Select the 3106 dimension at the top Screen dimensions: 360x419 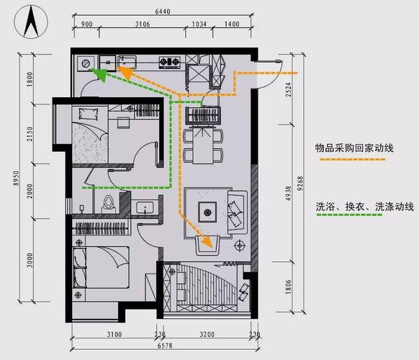pos(141,24)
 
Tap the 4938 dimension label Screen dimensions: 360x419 pos(289,190)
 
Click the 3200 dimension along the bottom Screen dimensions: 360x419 pos(207,335)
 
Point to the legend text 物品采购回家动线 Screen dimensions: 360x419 pos(354,148)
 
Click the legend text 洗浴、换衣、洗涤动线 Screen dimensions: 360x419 pos(364,207)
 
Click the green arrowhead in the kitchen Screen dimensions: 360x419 pos(101,73)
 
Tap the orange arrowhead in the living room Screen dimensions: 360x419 pos(208,243)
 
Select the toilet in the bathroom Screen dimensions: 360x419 pos(109,202)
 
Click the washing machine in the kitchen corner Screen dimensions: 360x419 pos(86,63)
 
